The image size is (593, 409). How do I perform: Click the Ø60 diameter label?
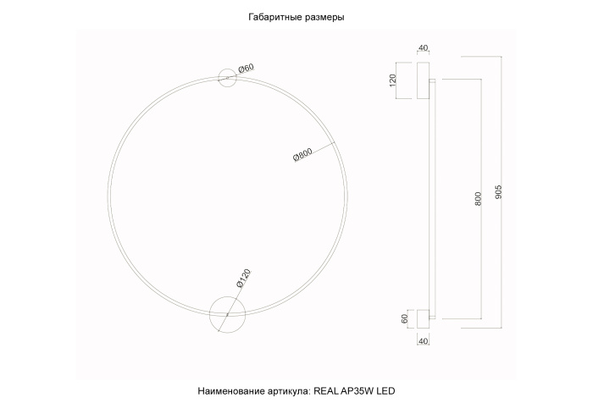pos(247,68)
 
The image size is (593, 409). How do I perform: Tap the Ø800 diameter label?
pos(303,155)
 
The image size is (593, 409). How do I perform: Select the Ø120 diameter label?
pos(241,279)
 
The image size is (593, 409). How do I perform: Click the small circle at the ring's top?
pos(228,77)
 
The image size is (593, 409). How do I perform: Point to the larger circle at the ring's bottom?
pos(226,315)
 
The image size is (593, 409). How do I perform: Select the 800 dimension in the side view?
pos(479,200)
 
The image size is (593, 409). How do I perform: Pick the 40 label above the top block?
pos(424,49)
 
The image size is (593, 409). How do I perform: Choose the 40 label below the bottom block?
pos(424,341)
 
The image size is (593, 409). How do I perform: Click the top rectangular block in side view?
pos(423,80)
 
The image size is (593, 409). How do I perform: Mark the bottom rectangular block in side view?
pos(423,318)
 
